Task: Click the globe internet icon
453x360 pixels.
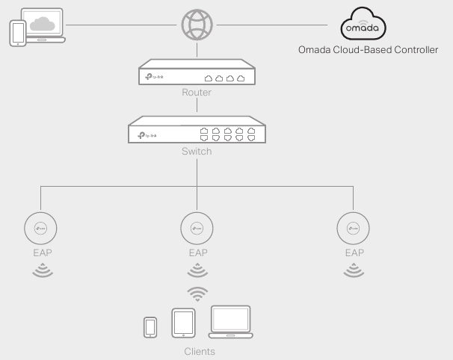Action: coord(197,25)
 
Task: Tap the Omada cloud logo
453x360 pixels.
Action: coord(365,26)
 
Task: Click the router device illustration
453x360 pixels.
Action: coord(197,75)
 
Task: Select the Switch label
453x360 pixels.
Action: coord(197,151)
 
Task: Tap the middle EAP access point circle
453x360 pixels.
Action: coord(197,226)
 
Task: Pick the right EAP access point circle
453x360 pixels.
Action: coord(352,226)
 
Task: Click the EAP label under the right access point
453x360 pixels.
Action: coord(352,253)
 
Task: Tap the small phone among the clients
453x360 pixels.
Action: coord(150,326)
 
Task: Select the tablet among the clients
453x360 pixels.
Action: coord(184,322)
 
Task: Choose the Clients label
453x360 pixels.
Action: coord(199,350)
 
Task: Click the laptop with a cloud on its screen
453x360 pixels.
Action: coord(43,23)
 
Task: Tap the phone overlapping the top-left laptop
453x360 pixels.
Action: coord(19,33)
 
